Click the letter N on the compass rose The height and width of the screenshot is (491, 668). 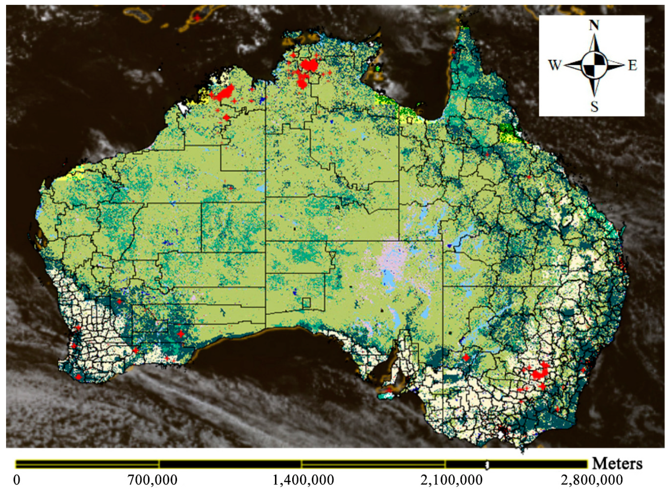coord(593,26)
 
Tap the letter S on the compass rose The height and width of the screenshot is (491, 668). coord(594,106)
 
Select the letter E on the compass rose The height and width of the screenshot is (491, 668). coord(632,66)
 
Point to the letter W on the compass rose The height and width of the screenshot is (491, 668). coord(555,65)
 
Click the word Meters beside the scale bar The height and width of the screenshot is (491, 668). coord(617,464)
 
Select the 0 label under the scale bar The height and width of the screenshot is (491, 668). coord(17,480)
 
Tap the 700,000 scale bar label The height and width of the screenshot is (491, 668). coord(152,480)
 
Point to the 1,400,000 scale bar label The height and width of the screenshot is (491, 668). coord(303,480)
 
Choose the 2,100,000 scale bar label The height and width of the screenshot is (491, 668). coord(451,480)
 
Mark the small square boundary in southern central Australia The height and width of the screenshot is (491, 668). coord(306,303)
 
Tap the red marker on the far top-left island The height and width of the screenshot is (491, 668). coord(197,18)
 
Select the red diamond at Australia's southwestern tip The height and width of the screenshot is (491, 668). coord(79,377)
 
